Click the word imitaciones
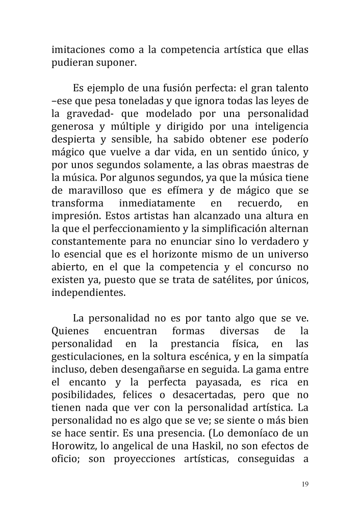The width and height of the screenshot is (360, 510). click(x=81, y=51)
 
